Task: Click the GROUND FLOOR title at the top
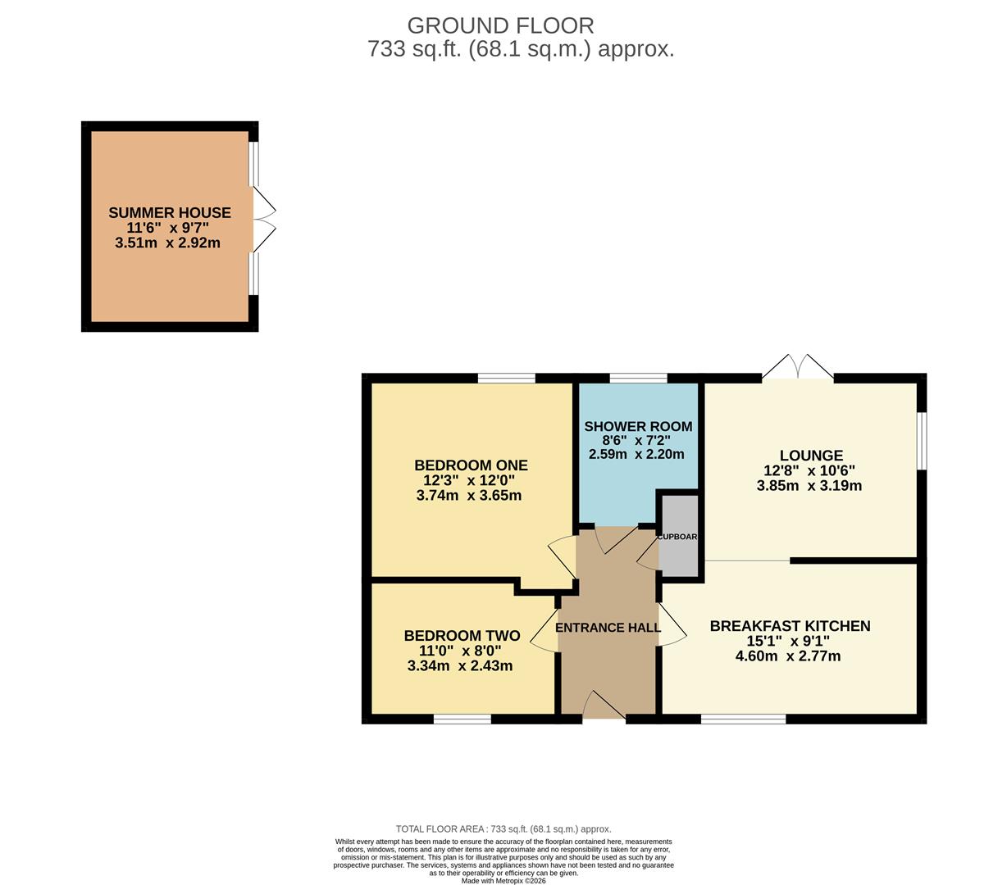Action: pos(500,25)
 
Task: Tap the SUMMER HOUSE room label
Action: pos(170,213)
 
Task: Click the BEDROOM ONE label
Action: pos(471,465)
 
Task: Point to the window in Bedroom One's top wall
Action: pos(506,378)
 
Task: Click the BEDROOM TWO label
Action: pos(462,636)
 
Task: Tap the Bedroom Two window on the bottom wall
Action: pos(462,719)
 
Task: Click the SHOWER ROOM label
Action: pos(638,427)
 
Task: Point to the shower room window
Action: pos(638,378)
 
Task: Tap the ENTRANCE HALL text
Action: pos(608,628)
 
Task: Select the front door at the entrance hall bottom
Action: pos(604,707)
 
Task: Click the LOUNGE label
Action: pos(811,456)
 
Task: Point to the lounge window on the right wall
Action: pos(922,440)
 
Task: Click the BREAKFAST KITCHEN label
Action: pos(790,626)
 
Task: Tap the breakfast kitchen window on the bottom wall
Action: pos(743,719)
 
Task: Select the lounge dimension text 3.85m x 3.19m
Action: pos(809,485)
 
